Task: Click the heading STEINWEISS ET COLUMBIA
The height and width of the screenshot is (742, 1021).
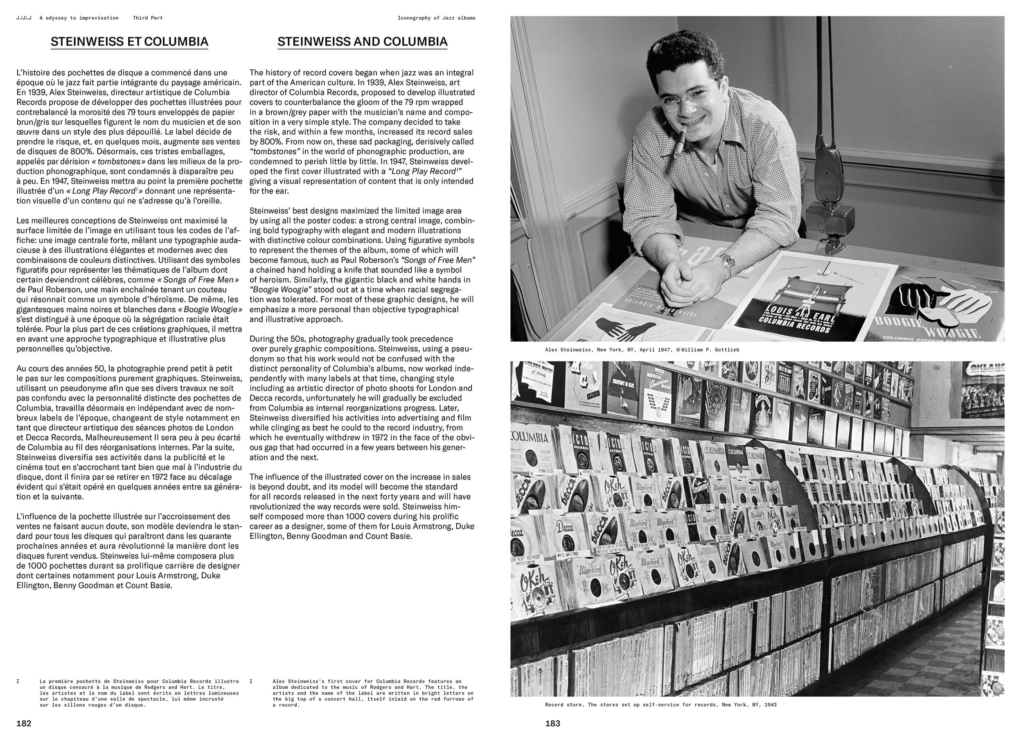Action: pos(129,42)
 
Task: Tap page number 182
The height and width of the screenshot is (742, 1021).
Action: pos(24,724)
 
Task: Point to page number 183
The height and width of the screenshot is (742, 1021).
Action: pos(552,724)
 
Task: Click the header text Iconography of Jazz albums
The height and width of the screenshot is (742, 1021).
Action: pos(436,18)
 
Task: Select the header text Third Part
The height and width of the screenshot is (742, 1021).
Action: pos(148,18)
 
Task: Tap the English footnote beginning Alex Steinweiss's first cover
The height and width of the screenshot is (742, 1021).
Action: pos(373,693)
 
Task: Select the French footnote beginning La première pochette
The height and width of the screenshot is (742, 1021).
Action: pos(139,693)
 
